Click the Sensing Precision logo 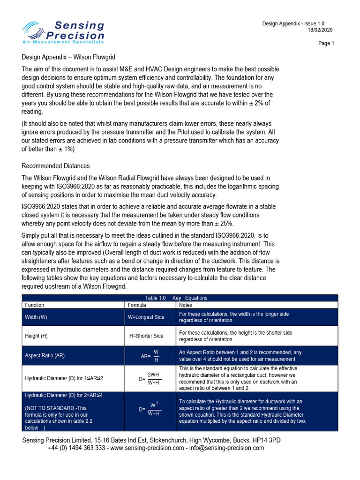pyautogui.click(x=63, y=32)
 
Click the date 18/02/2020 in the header pyautogui.click(x=321, y=30)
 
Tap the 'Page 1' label pyautogui.click(x=326, y=44)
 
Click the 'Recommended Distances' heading pyautogui.click(x=56, y=166)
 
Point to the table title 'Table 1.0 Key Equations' pyautogui.click(x=176, y=298)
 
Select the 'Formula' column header pyautogui.click(x=137, y=305)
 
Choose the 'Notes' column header pyautogui.click(x=186, y=305)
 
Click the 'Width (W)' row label pyautogui.click(x=36, y=317)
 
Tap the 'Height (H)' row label pyautogui.click(x=36, y=336)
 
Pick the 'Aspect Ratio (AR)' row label pyautogui.click(x=45, y=356)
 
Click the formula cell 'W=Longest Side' pyautogui.click(x=146, y=317)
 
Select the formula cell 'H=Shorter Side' pyautogui.click(x=146, y=336)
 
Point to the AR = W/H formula pyautogui.click(x=150, y=356)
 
